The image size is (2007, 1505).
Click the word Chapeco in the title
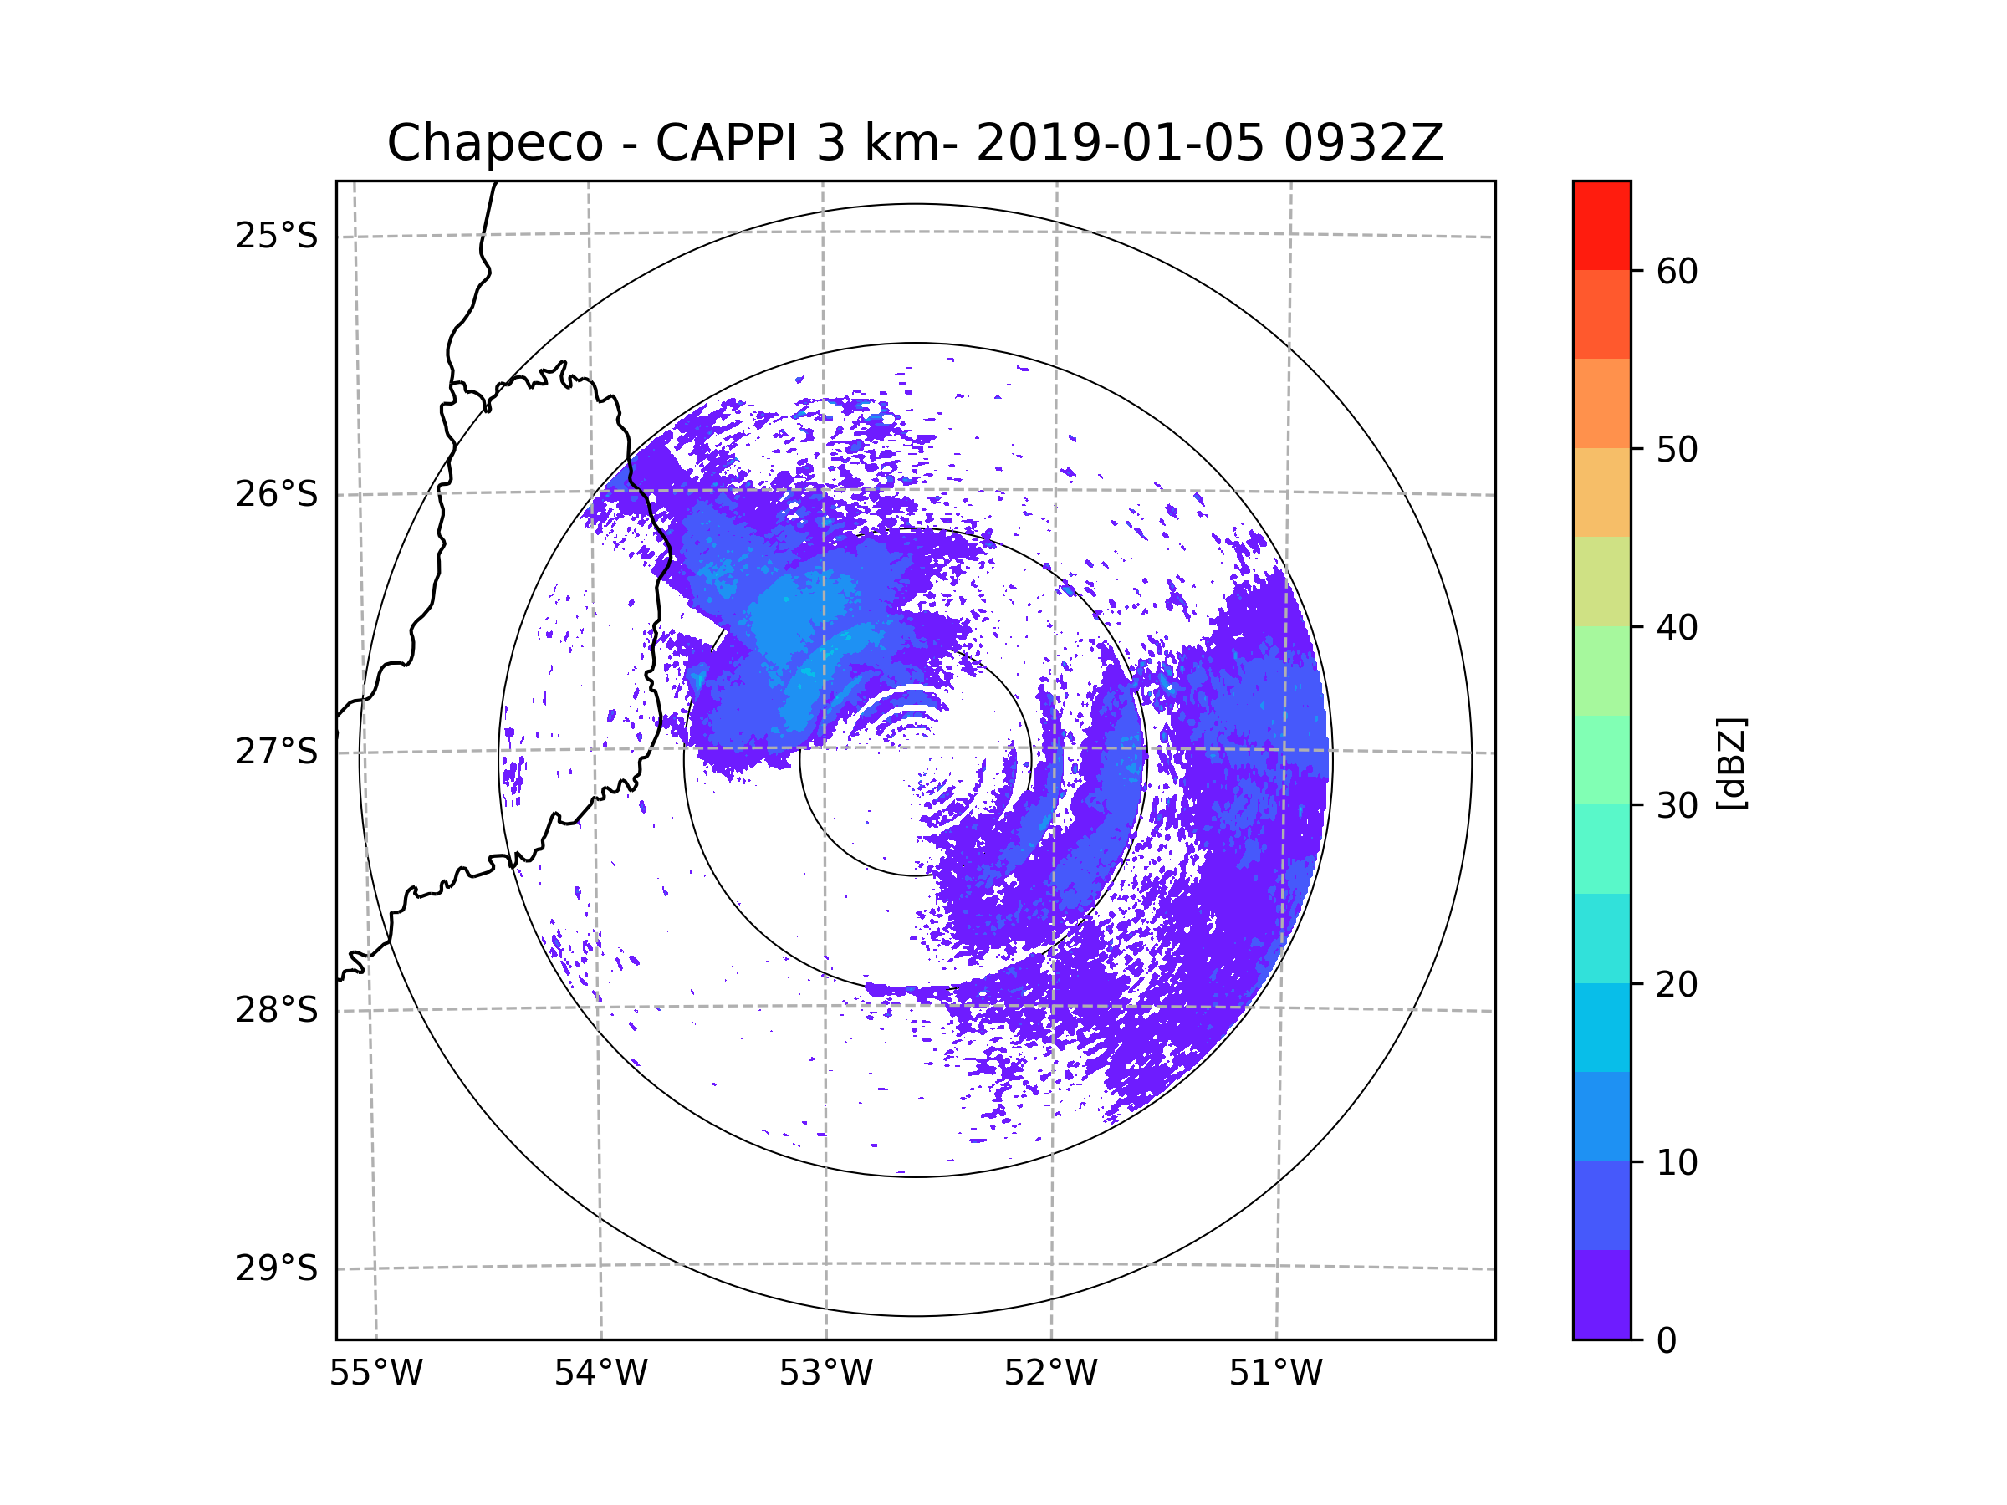click(494, 143)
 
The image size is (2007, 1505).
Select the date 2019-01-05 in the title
click(1119, 143)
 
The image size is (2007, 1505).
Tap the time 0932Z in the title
click(1362, 143)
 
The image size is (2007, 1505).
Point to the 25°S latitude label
click(277, 236)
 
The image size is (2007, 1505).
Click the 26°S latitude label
click(277, 494)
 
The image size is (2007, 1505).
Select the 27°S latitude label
click(277, 752)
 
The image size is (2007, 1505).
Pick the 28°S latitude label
click(277, 1010)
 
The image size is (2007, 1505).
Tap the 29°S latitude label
click(277, 1268)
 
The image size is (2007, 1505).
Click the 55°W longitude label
click(375, 1374)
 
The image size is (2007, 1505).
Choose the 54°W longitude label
click(600, 1374)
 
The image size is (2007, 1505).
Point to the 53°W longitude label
click(825, 1374)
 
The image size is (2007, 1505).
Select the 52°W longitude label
click(1050, 1374)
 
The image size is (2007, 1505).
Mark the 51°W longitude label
click(1275, 1374)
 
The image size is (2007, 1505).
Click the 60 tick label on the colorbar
click(1677, 271)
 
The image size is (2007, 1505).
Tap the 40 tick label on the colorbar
click(1677, 628)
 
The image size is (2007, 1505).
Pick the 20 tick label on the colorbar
click(1677, 984)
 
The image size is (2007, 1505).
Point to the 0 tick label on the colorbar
click(1667, 1341)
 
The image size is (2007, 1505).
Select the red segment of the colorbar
click(1601, 225)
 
